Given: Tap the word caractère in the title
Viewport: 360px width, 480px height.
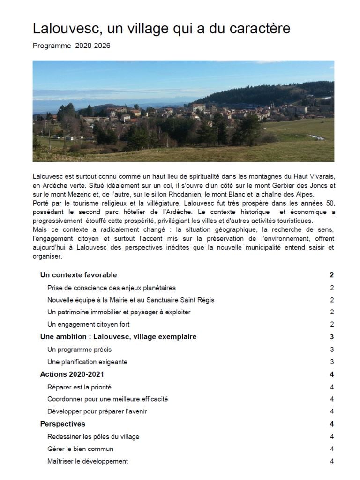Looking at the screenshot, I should point(260,29).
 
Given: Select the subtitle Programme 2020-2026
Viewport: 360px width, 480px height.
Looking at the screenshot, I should point(72,46).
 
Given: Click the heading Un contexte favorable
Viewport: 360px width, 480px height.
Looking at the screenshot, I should point(78,275).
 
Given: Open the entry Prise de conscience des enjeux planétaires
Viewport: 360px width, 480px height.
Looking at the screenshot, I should point(112,288).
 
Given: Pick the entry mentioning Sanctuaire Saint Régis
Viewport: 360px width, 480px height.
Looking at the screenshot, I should point(131,300).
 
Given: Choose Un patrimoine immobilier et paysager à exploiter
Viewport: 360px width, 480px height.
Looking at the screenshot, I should point(119,312).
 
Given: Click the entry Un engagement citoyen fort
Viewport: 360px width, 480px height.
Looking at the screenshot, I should point(89,324).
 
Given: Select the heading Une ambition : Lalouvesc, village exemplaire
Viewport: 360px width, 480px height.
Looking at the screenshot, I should point(118,337).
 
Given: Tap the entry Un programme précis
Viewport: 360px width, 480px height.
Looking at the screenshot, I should point(80,350).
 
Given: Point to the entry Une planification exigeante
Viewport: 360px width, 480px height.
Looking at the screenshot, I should point(88,362).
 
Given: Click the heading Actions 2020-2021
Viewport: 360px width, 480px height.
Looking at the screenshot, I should point(72,374).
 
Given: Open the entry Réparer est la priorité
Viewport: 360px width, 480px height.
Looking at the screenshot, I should point(79,387).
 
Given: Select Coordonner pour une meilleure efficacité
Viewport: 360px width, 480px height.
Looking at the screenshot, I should point(108,399).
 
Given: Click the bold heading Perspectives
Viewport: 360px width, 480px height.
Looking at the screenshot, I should point(63,424).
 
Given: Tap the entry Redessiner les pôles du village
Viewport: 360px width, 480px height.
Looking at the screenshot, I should point(93,437).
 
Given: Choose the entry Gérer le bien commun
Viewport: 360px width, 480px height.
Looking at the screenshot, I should point(81,449).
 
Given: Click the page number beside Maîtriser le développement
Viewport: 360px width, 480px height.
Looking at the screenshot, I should point(331,461).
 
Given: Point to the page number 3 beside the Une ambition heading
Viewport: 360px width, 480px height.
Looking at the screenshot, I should point(331,337).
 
